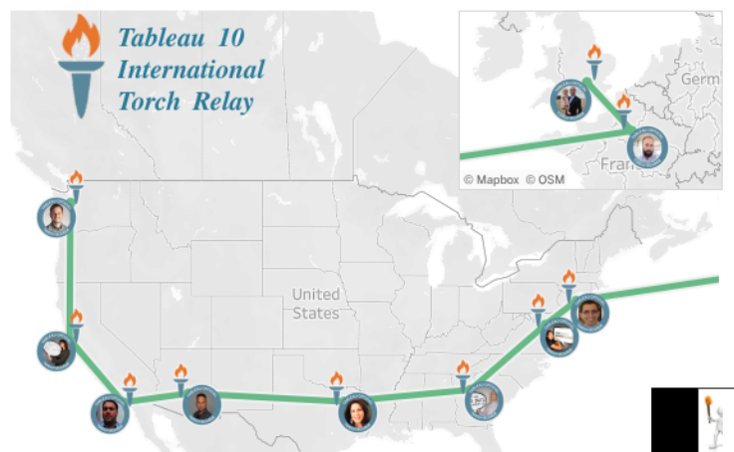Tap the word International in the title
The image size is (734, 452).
[x=191, y=70]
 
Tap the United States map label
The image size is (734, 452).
[x=315, y=304]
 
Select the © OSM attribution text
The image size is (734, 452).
[x=544, y=179]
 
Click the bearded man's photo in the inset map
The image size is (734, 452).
[x=645, y=149]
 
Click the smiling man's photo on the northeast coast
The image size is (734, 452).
[x=590, y=314]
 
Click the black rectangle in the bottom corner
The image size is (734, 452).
[x=674, y=420]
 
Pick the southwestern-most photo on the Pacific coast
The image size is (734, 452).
[x=110, y=413]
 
